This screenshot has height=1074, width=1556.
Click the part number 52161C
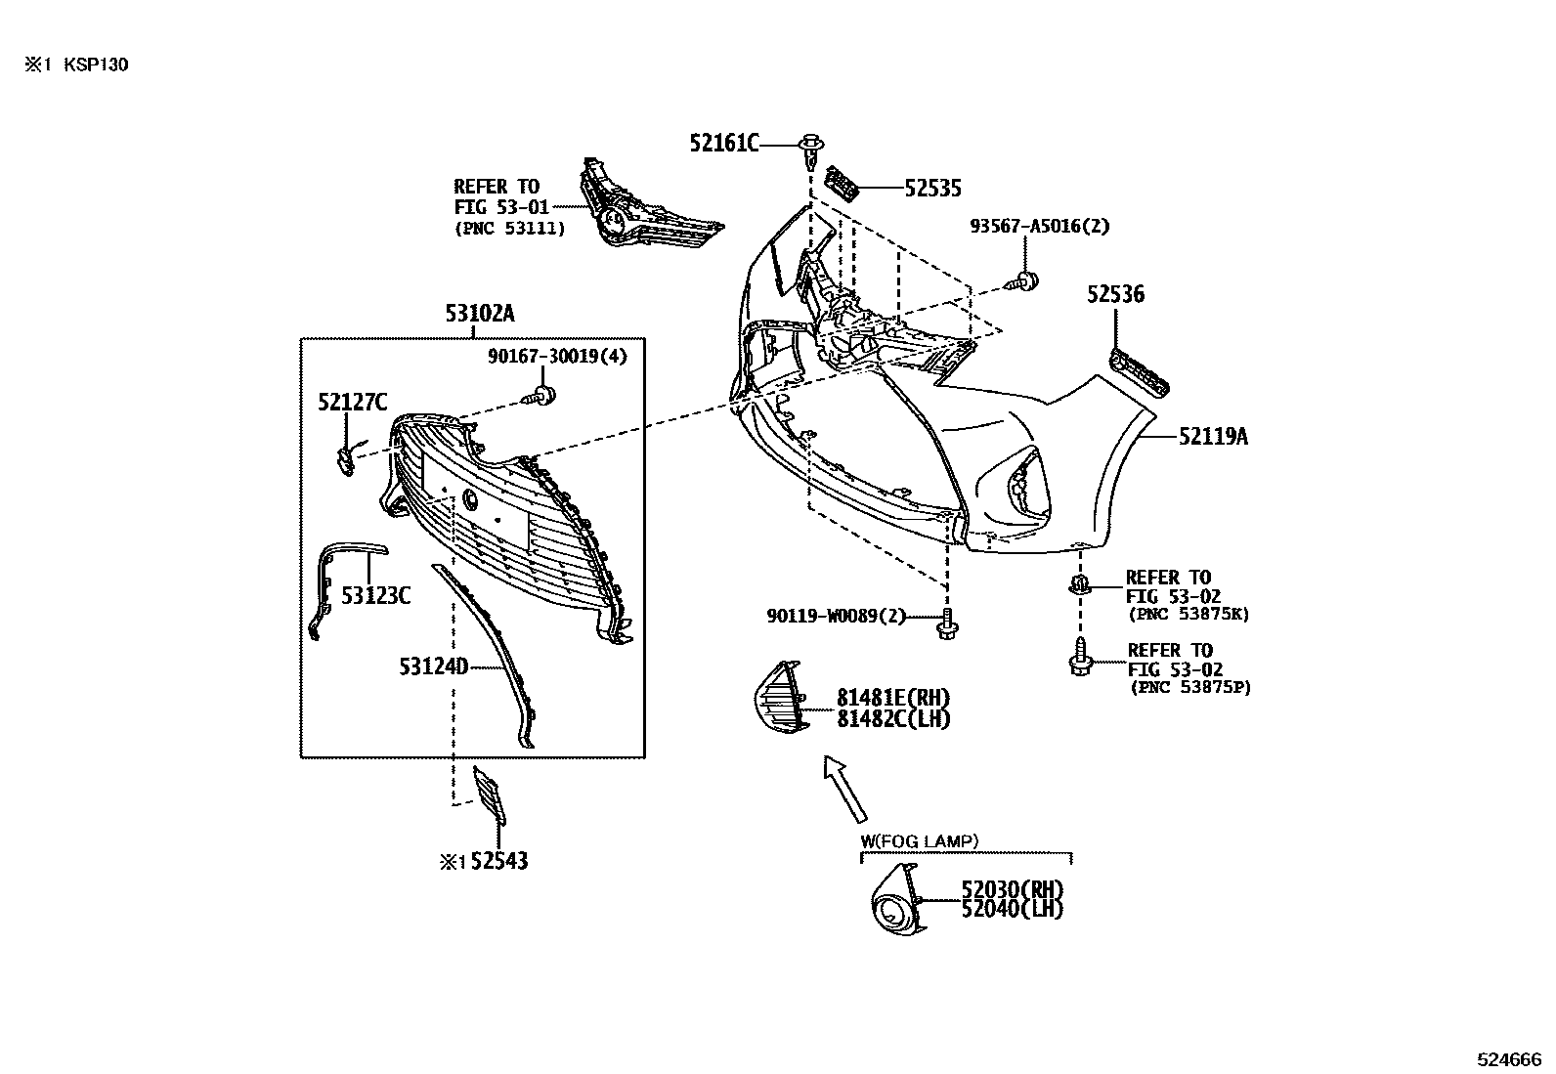point(724,144)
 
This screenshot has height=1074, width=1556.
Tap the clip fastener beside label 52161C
point(810,152)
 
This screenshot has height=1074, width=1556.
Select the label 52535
point(932,189)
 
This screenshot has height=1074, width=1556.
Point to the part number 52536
point(1115,294)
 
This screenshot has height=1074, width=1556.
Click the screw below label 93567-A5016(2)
point(1024,281)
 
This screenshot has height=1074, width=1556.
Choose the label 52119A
point(1214,436)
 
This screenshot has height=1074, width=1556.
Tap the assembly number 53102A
point(480,314)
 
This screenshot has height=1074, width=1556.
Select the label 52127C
point(353,403)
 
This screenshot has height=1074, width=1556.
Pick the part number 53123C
point(375,595)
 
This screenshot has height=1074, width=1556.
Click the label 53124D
point(433,666)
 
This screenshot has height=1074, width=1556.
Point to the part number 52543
point(499,861)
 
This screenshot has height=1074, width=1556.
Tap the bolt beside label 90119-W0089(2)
point(946,623)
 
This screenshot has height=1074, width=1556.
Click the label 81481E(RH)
point(893,698)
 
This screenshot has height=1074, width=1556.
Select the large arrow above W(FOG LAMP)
point(845,789)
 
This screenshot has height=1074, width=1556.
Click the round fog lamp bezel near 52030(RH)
point(897,901)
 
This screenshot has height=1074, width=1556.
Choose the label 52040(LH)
point(1013,909)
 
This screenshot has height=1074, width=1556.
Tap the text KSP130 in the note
point(96,64)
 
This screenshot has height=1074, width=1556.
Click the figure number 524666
point(1509,1059)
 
